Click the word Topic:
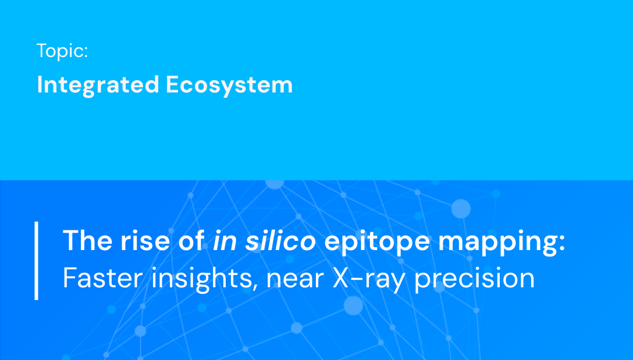coord(62,51)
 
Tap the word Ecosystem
coord(229,85)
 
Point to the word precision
coord(474,279)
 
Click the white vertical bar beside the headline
coord(37,260)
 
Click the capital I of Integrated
coord(40,85)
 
